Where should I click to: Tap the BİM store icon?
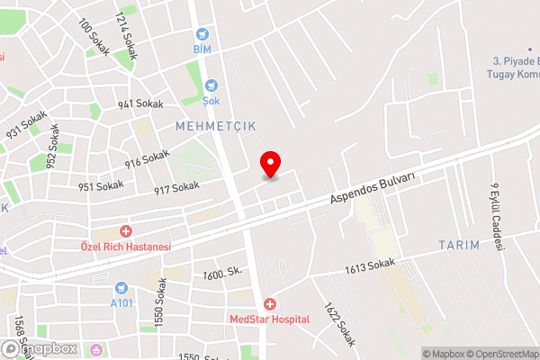(x=202, y=35)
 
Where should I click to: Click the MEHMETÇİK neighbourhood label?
(x=216, y=127)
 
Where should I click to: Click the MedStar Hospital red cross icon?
(x=269, y=305)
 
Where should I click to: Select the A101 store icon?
(x=122, y=289)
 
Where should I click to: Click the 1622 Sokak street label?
(x=340, y=324)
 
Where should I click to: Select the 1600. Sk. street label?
(x=224, y=274)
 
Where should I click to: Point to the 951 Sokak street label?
(x=100, y=186)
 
